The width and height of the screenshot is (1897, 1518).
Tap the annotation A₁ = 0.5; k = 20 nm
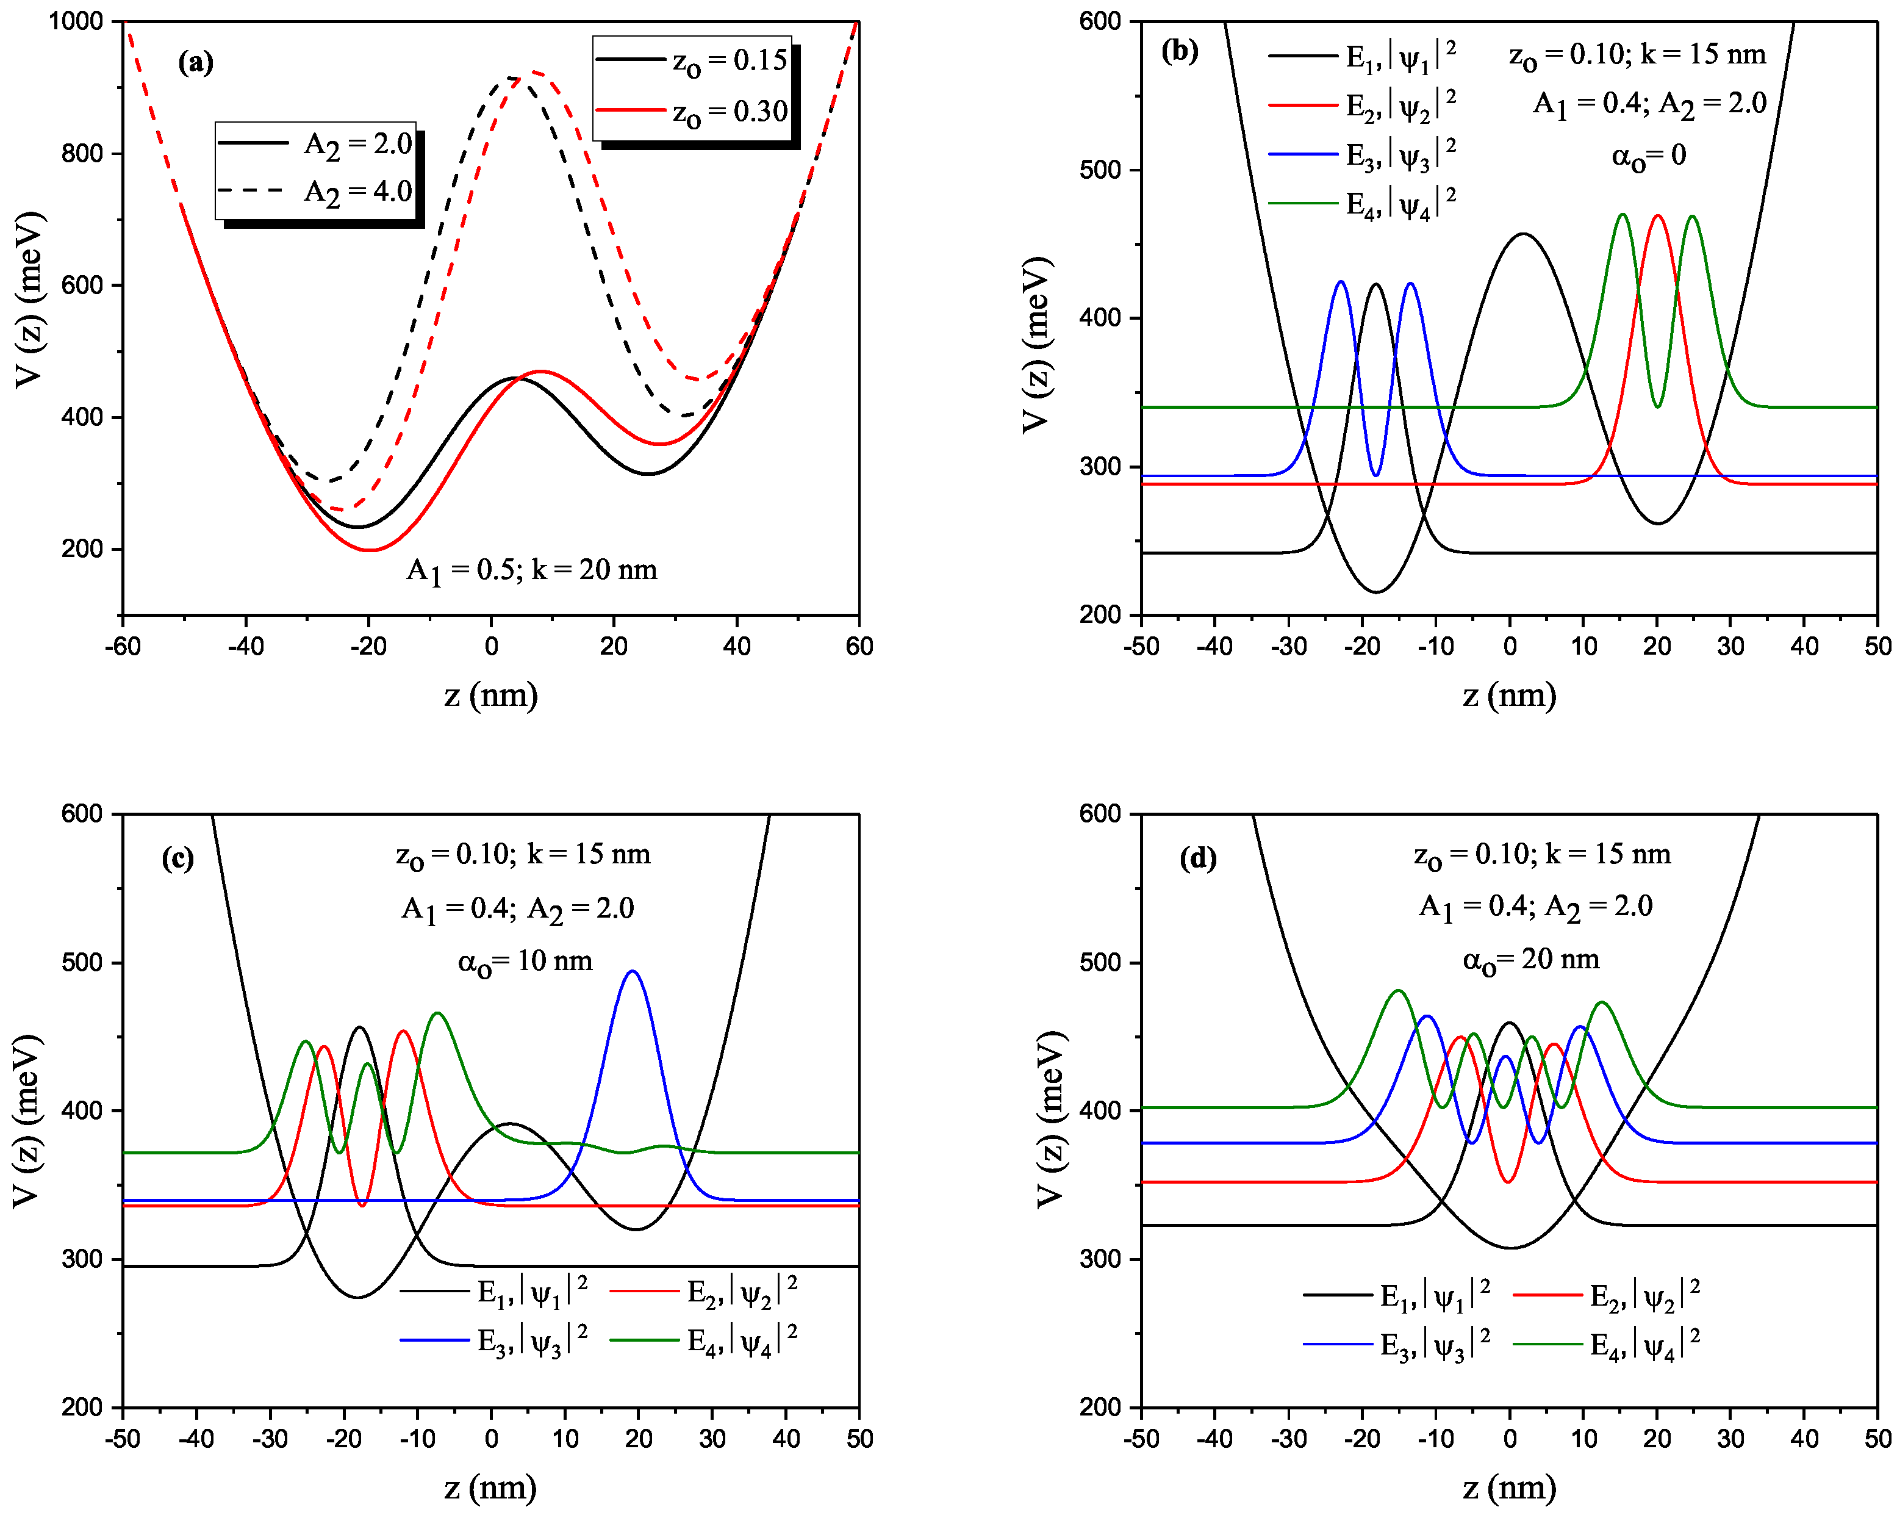pos(531,570)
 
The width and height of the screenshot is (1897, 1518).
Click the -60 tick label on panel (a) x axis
pos(123,646)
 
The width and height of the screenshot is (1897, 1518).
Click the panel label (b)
pos(1179,51)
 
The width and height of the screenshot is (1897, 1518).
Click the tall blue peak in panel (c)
pos(633,973)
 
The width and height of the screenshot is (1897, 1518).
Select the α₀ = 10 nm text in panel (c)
pos(525,961)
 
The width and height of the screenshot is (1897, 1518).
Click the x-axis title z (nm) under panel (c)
pos(490,1487)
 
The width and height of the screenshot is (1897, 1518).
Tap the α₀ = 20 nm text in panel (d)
pos(1531,959)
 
